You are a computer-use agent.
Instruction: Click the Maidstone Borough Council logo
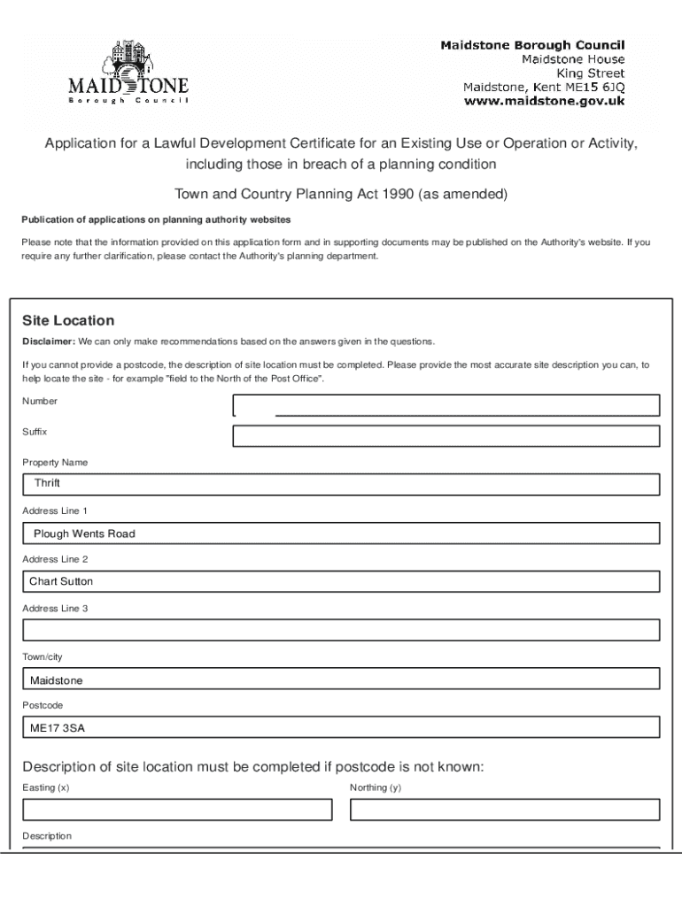(128, 73)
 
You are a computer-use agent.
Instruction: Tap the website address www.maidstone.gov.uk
(545, 101)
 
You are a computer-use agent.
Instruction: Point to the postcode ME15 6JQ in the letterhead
(596, 87)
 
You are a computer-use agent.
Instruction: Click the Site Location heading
(68, 320)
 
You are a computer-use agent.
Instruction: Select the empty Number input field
(446, 405)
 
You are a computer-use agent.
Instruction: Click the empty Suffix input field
(446, 436)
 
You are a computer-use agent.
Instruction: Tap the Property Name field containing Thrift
(341, 484)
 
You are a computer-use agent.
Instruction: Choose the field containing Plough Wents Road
(341, 534)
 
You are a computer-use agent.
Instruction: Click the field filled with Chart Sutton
(341, 581)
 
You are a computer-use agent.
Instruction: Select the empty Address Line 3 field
(341, 630)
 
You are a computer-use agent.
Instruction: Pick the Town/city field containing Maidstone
(341, 679)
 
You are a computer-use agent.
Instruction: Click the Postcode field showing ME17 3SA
(341, 727)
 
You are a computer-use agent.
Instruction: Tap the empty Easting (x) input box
(177, 810)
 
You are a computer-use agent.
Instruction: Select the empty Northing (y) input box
(505, 810)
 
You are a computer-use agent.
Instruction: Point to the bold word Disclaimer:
(48, 342)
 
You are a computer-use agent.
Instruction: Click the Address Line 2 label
(55, 559)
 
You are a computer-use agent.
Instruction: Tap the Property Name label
(55, 462)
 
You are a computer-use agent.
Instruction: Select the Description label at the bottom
(47, 835)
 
